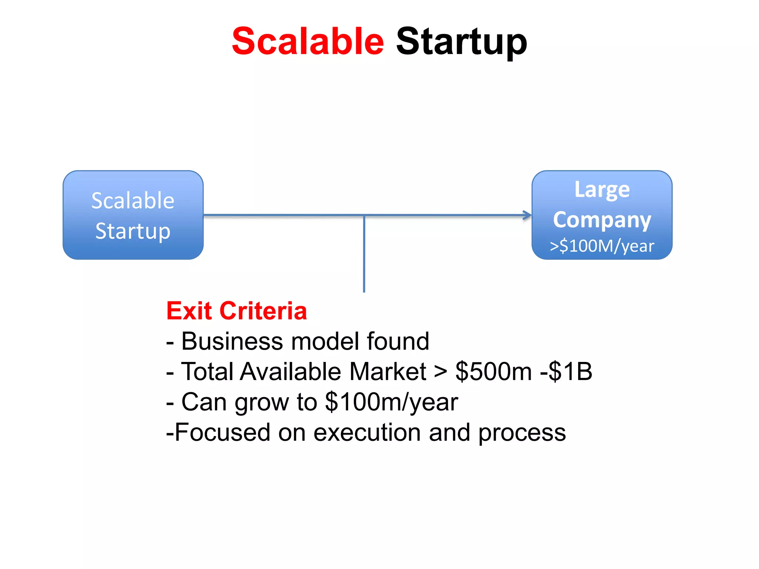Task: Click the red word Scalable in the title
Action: tap(308, 41)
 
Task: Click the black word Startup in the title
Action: tap(461, 42)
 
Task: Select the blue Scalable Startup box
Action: tap(133, 215)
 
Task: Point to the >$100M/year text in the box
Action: tap(602, 246)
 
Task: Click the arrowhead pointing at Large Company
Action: tap(527, 215)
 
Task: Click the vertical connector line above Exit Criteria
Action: tap(364, 256)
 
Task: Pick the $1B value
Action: tap(570, 371)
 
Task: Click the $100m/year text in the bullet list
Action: tap(391, 402)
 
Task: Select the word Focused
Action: tap(222, 432)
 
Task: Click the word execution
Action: tap(367, 432)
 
